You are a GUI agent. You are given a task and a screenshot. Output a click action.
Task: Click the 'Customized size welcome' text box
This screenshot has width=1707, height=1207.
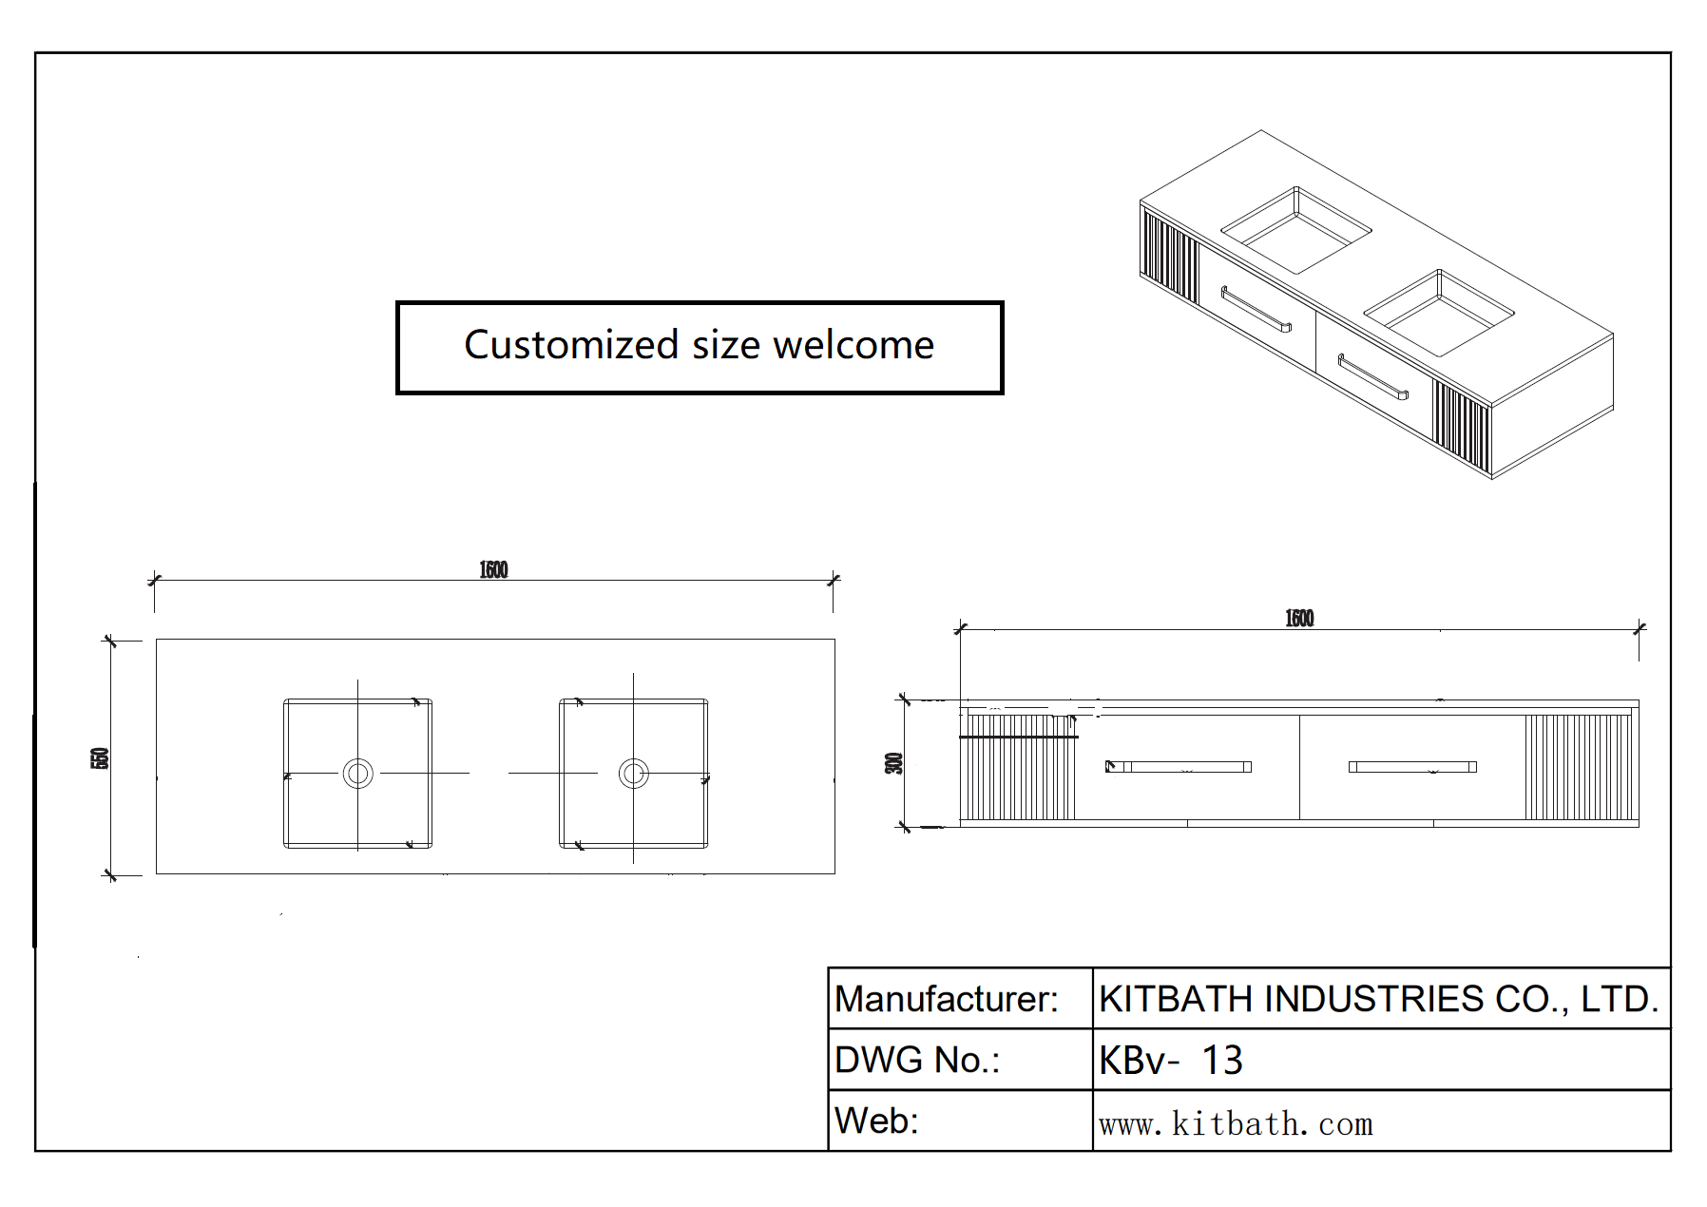(x=699, y=347)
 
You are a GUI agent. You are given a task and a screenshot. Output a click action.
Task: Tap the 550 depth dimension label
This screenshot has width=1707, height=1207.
(x=100, y=758)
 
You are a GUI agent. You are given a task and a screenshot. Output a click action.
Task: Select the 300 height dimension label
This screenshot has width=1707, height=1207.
(x=893, y=763)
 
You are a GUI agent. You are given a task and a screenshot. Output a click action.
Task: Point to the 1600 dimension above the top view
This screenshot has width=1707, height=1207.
(x=493, y=569)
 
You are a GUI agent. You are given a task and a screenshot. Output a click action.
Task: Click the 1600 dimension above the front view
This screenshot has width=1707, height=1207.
(x=1299, y=619)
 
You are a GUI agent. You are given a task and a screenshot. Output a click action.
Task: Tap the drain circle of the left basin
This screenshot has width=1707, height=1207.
(x=358, y=773)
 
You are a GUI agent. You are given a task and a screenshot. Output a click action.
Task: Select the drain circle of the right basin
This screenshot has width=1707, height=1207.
(x=634, y=773)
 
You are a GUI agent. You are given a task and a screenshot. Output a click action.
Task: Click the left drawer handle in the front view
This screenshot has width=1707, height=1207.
(x=1179, y=766)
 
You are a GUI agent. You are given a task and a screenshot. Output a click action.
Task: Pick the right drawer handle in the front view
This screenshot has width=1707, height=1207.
(x=1412, y=766)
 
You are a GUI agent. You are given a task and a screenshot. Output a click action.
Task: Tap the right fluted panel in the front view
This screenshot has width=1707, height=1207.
(x=1578, y=766)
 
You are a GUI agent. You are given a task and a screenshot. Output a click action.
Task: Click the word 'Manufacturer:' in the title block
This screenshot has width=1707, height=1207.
(x=946, y=999)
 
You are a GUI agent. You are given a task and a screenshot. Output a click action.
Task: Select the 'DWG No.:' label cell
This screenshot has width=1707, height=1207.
(x=916, y=1060)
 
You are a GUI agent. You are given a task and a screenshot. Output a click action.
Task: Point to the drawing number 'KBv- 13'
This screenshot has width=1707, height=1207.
(x=1170, y=1060)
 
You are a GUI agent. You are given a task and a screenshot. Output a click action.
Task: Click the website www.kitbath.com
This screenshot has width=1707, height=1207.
(x=1236, y=1124)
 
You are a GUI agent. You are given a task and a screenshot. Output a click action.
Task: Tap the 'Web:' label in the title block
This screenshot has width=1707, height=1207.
(x=876, y=1121)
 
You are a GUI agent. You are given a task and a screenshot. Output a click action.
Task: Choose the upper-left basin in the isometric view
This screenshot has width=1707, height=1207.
(x=1295, y=230)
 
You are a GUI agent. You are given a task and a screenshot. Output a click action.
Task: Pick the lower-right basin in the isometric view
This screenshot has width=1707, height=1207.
(x=1438, y=313)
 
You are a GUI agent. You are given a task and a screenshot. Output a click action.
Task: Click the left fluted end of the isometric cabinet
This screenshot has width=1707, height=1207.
(x=1169, y=254)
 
